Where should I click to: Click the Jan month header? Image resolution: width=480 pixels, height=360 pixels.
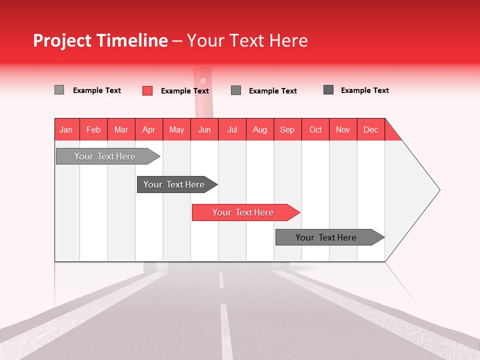click(x=66, y=129)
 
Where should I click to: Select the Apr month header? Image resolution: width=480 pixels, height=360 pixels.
click(x=148, y=129)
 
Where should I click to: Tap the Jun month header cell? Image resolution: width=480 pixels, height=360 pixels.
click(x=204, y=129)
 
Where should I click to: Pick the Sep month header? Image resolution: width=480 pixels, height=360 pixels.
click(x=287, y=129)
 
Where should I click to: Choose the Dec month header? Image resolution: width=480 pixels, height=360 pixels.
click(x=370, y=129)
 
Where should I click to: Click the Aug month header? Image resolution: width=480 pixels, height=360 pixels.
click(x=259, y=129)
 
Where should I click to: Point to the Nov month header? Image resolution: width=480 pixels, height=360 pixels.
click(x=342, y=129)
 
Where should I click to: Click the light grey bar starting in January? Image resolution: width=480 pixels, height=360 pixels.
click(x=105, y=156)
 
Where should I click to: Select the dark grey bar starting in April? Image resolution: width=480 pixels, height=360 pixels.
click(x=174, y=184)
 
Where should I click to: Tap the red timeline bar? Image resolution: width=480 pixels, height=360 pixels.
click(x=243, y=212)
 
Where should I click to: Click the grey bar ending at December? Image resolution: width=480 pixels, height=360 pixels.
click(x=326, y=237)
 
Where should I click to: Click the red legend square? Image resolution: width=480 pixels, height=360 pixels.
click(x=147, y=90)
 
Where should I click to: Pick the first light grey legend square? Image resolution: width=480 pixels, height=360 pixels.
click(x=59, y=90)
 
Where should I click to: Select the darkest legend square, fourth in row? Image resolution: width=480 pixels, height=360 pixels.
click(x=328, y=90)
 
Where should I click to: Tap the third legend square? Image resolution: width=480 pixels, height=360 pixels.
click(x=236, y=90)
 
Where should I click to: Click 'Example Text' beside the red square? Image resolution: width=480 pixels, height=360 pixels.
click(x=184, y=91)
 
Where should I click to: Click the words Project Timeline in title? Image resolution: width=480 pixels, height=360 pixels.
click(x=100, y=40)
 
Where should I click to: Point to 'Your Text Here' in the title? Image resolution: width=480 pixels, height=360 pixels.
click(x=247, y=40)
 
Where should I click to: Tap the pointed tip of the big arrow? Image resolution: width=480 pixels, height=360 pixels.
click(x=438, y=189)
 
